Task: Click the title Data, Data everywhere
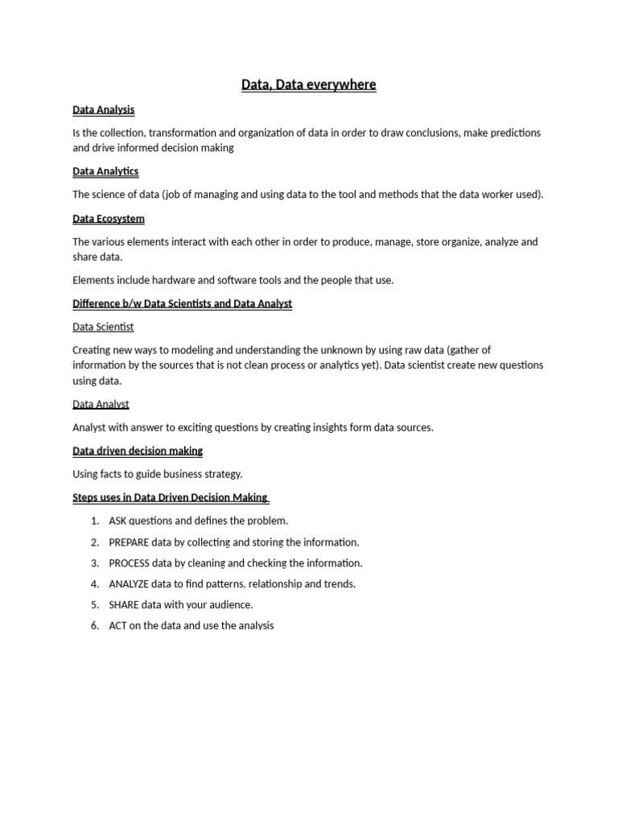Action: tap(308, 84)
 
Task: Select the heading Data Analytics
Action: tap(105, 171)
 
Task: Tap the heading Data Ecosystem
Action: tap(109, 218)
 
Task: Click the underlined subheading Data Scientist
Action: tap(103, 327)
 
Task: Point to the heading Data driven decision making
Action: tap(138, 451)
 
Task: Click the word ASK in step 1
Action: tap(118, 521)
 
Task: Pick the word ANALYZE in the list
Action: tap(129, 584)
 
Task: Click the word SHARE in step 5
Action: tap(124, 604)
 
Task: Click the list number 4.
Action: tap(95, 584)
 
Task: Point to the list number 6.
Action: tap(95, 625)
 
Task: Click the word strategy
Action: tap(222, 474)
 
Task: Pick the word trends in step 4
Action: tap(340, 584)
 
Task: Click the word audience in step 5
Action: tap(230, 604)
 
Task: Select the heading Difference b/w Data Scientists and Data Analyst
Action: tap(182, 303)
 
